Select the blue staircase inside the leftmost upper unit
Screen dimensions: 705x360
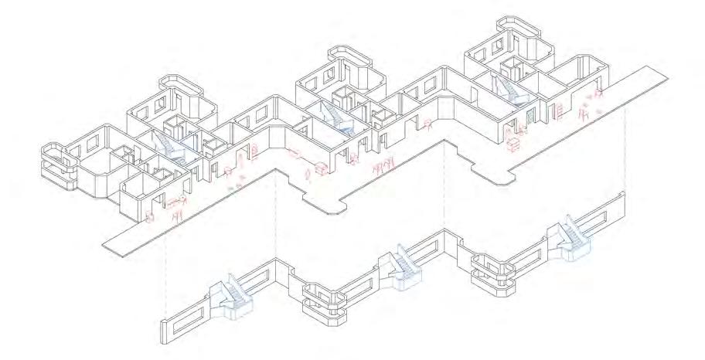pos(169,144)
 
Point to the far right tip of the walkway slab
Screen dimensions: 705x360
pos(665,71)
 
